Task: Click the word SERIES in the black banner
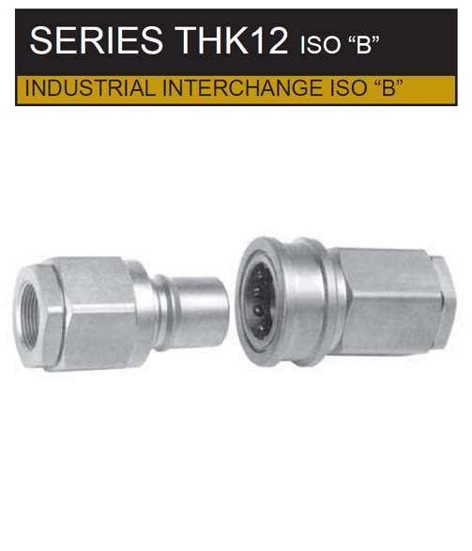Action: click(97, 40)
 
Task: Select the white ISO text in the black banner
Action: click(320, 45)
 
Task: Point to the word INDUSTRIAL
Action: click(90, 88)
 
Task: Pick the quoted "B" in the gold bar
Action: click(386, 87)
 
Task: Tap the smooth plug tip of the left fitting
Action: click(203, 312)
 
